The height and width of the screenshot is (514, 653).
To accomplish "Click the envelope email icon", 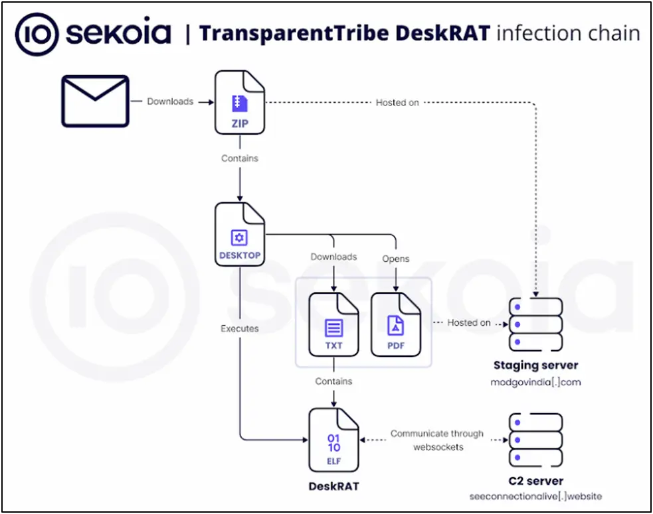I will (95, 101).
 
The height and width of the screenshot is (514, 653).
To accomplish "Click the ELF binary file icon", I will (333, 440).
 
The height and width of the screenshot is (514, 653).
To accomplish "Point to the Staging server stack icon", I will (535, 324).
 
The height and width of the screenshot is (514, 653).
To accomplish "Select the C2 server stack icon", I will (535, 440).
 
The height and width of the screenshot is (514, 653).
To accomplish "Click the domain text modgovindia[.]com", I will (535, 383).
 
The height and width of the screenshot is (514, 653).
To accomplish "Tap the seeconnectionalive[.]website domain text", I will (535, 497).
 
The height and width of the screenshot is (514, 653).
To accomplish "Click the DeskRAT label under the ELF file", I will (333, 486).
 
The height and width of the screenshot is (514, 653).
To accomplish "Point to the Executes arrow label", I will (239, 328).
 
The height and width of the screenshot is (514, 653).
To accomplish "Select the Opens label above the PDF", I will (395, 258).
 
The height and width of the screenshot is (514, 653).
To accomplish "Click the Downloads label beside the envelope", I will (170, 101).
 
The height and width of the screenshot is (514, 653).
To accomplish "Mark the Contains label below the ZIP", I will (239, 159).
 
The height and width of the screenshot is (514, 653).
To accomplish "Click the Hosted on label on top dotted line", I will (397, 102).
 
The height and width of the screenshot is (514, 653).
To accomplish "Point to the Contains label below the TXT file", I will (333, 381).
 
